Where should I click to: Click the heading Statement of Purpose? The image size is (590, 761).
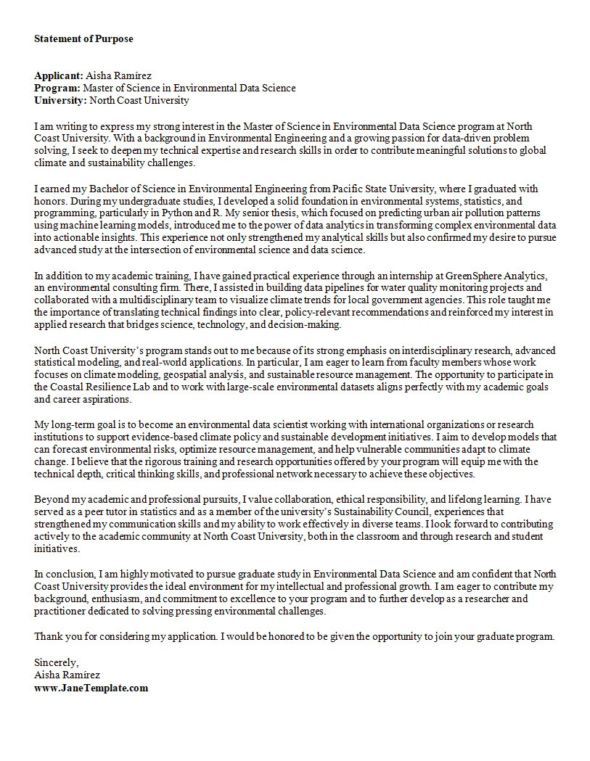83,38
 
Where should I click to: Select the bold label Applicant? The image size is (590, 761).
59,75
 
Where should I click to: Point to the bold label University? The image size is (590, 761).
60,100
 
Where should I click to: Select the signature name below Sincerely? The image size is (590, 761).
67,675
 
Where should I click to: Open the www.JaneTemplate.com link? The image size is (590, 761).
91,687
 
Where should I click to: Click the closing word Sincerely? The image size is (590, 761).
56,662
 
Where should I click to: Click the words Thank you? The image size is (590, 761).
54,636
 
